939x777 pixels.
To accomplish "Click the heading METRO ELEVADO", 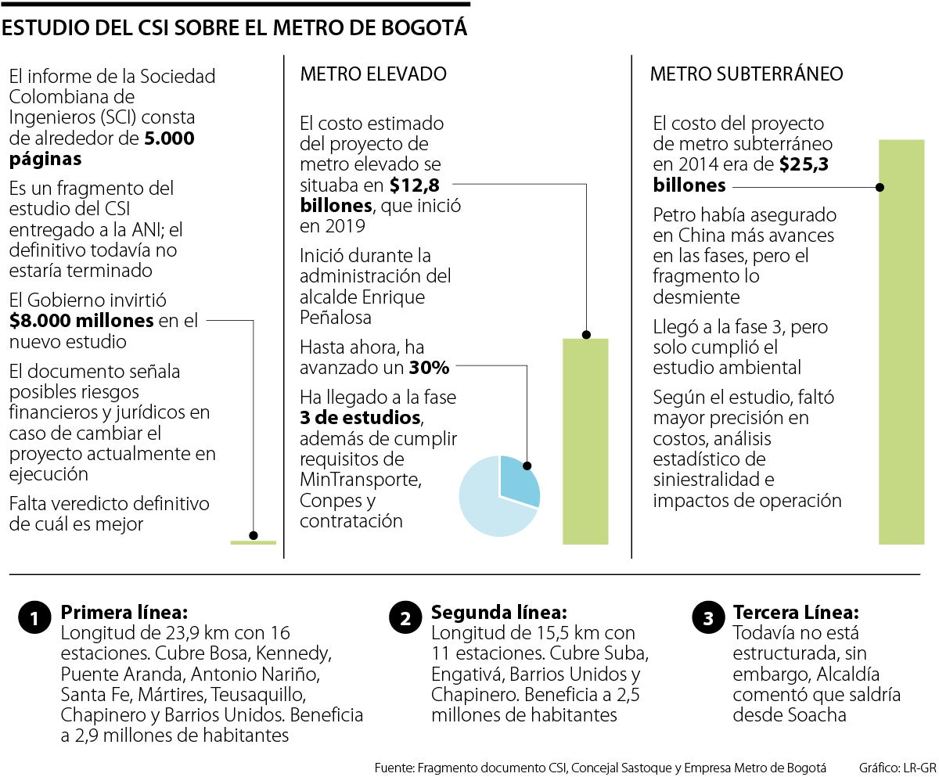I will tap(373, 74).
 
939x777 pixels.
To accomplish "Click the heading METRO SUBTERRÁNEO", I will tap(747, 74).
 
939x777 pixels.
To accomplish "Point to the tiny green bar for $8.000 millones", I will tap(253, 541).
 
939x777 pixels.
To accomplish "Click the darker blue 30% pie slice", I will tap(517, 479).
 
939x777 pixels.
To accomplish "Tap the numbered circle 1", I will tap(34, 619).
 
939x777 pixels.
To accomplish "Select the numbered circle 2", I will tap(405, 619).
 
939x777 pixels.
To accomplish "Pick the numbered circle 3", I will tap(707, 619).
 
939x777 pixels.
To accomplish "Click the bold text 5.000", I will tap(170, 138).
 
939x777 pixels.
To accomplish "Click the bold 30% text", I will tap(429, 367).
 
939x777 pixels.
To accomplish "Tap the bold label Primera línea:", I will tap(124, 612).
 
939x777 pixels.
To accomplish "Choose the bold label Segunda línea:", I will tap(498, 612).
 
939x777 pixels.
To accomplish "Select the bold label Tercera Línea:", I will tap(795, 612).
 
